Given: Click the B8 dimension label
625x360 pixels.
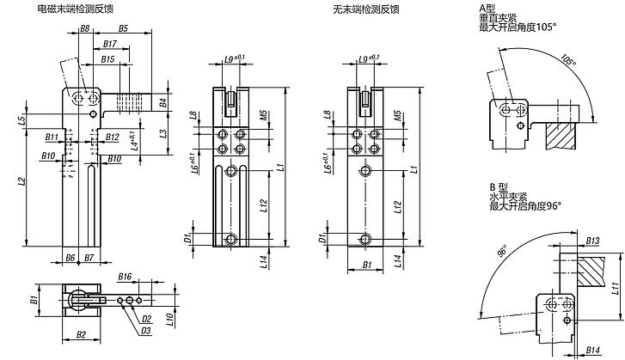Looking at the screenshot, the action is (x=84, y=28).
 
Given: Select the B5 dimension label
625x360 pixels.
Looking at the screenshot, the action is (x=123, y=28).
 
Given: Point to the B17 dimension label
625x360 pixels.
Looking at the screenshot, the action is (x=110, y=44).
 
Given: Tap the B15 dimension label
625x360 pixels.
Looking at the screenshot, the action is (x=107, y=59).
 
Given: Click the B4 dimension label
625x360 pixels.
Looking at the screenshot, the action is (x=163, y=102).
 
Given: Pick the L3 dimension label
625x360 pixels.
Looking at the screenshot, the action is (x=163, y=134).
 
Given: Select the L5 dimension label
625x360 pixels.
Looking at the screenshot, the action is (x=22, y=119).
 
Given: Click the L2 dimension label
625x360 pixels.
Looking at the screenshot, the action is (x=22, y=181).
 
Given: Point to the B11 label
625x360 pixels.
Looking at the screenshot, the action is (x=52, y=137).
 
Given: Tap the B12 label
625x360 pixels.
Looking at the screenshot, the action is (x=113, y=137).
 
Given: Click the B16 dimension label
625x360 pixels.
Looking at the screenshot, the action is (x=125, y=277).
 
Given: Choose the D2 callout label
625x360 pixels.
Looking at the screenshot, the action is (x=147, y=319).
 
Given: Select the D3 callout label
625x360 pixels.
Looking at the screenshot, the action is (x=146, y=331).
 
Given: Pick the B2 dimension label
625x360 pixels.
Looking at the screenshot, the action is (x=81, y=334).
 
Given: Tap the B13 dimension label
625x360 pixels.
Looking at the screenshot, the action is (x=592, y=241).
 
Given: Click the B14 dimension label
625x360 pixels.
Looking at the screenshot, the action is (x=593, y=350).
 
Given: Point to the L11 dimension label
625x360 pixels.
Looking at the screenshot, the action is (x=615, y=288).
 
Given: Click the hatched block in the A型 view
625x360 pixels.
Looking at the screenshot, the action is (x=561, y=136).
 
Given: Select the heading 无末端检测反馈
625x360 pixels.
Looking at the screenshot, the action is (x=366, y=9).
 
